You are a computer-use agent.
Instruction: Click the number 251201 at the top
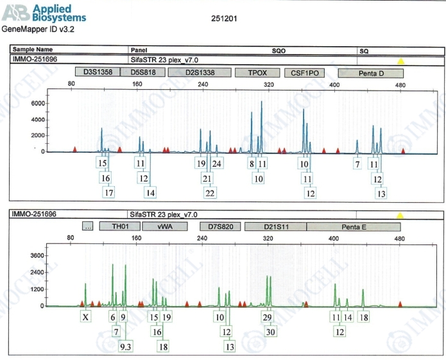coord(224,19)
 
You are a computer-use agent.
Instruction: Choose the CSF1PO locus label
coord(302,73)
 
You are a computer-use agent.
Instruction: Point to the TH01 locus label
coord(120,227)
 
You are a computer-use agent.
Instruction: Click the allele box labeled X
coord(86,317)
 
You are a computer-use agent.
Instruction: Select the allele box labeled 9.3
coord(126,347)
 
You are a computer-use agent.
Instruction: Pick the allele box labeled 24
coord(217,163)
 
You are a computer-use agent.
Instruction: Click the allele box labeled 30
coord(271,332)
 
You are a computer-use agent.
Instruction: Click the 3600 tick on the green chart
coord(37,255)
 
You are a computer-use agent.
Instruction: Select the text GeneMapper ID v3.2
coord(37,30)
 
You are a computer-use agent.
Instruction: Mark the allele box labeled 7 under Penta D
coord(357,164)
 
